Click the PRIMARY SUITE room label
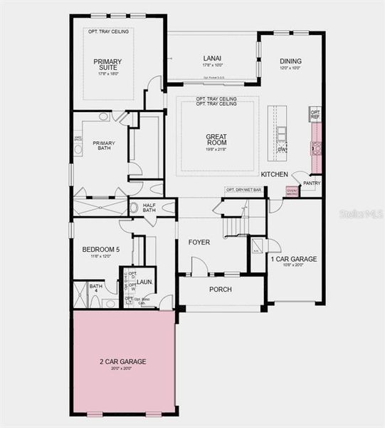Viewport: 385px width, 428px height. pyautogui.click(x=107, y=66)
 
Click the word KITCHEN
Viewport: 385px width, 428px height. pyautogui.click(x=274, y=174)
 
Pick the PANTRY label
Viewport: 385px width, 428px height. pyautogui.click(x=312, y=183)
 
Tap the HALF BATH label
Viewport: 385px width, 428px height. pyautogui.click(x=149, y=207)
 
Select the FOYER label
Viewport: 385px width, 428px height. pyautogui.click(x=199, y=243)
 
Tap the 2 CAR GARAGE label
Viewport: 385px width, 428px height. pyautogui.click(x=122, y=362)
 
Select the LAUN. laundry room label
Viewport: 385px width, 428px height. pyautogui.click(x=146, y=282)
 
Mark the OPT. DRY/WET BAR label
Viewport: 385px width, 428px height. pyautogui.click(x=243, y=190)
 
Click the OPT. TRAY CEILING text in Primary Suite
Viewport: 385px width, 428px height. pyautogui.click(x=107, y=32)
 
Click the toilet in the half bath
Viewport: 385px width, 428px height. pyautogui.click(x=134, y=208)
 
